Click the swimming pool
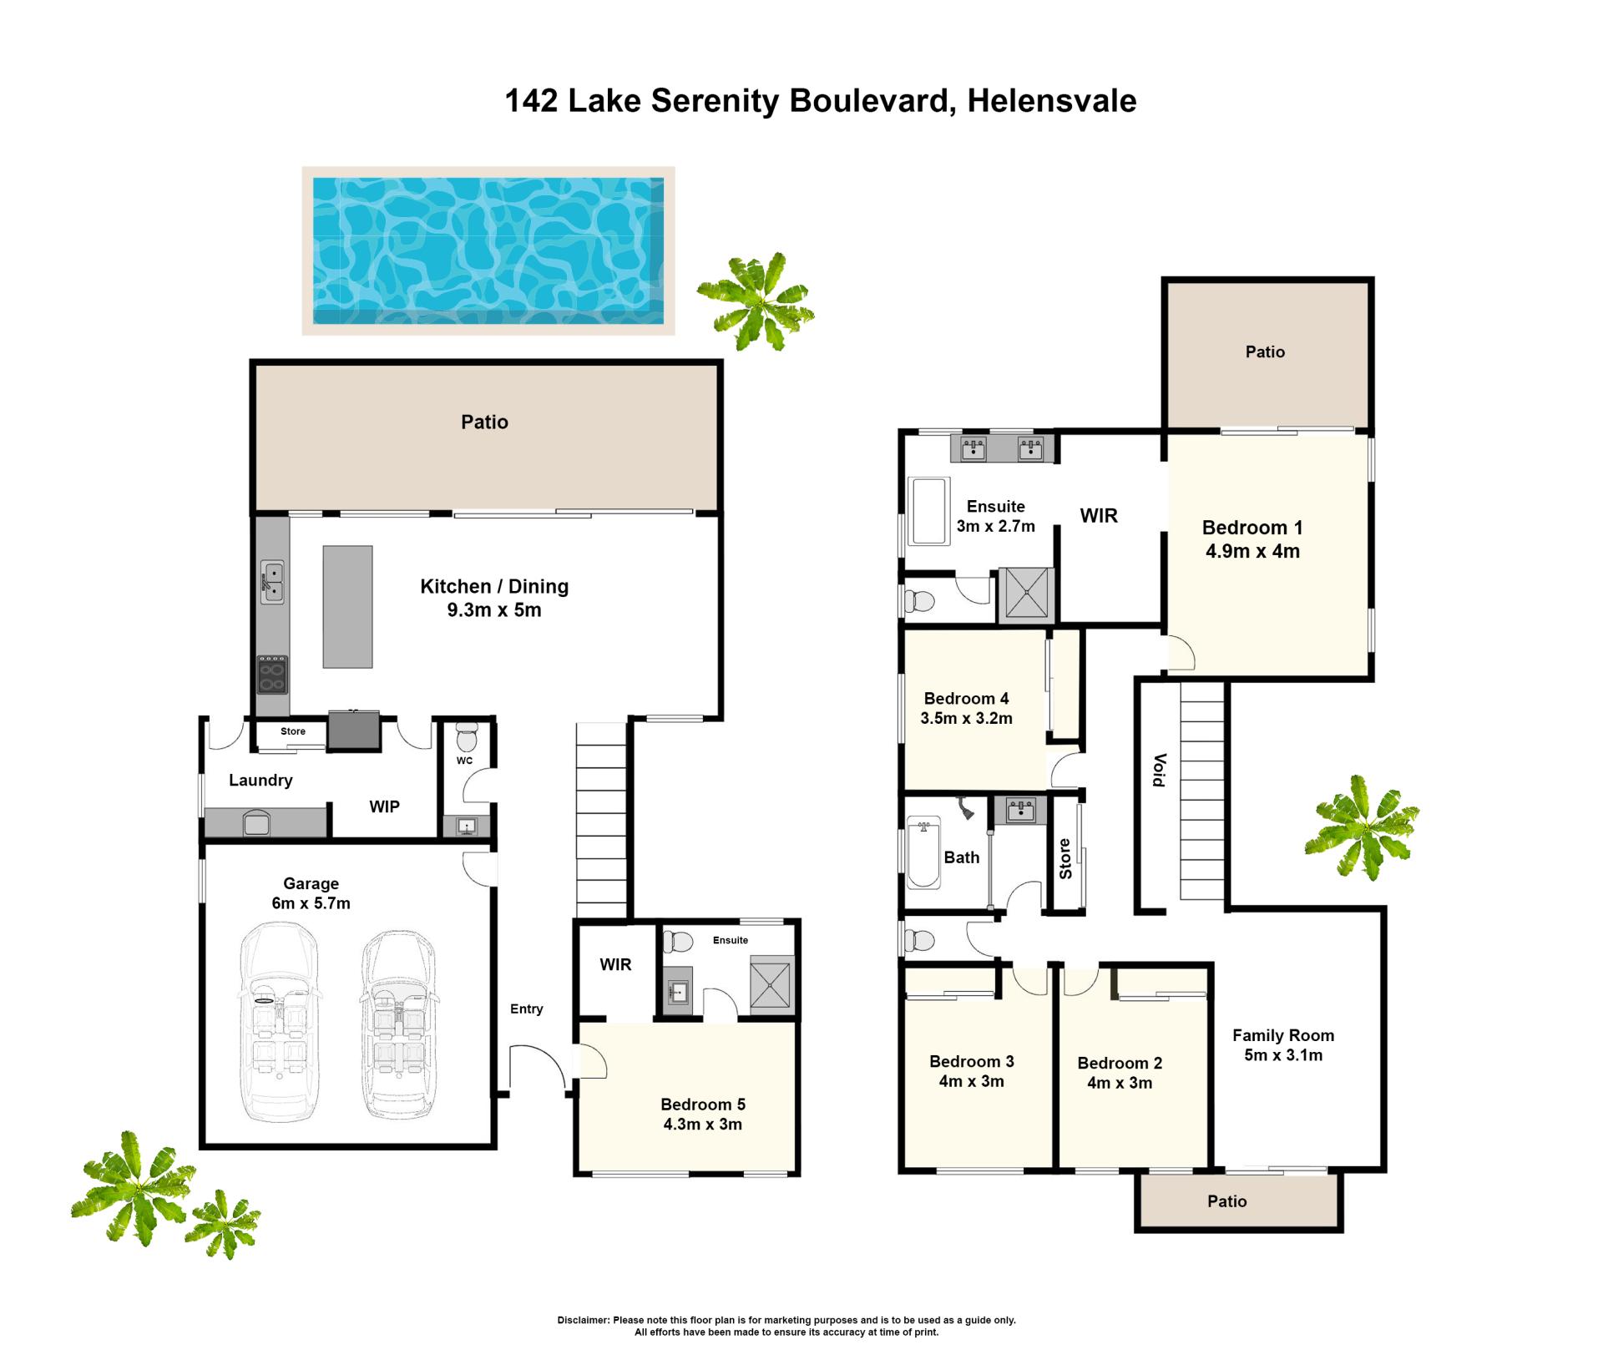click(x=488, y=250)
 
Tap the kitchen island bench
click(x=348, y=607)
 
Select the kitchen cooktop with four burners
click(x=272, y=675)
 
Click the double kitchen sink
click(x=272, y=582)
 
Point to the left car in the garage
click(x=279, y=1022)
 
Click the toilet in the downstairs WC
click(x=467, y=736)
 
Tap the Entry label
click(x=527, y=1009)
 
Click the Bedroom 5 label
click(x=703, y=1104)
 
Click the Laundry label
click(x=260, y=780)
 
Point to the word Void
click(x=1159, y=770)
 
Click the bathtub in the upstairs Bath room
click(x=923, y=852)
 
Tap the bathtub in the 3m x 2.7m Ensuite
click(x=928, y=511)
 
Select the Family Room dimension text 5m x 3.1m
click(x=1283, y=1055)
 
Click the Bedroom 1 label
click(x=1252, y=528)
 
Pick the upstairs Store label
click(x=1065, y=859)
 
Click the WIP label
click(x=385, y=806)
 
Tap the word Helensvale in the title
click(x=1052, y=101)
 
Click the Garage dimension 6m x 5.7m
click(x=311, y=903)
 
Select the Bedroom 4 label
click(x=967, y=699)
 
